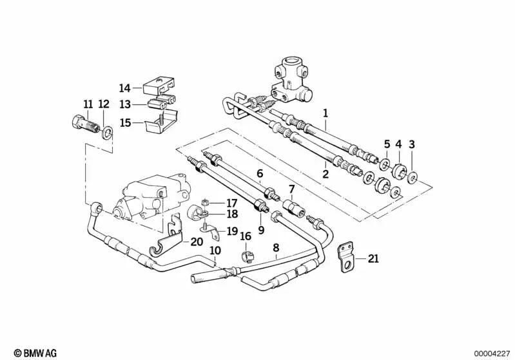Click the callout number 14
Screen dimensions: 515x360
125,88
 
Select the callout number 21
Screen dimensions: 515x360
373,259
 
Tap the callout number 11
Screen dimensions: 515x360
88,104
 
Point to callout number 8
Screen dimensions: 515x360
276,248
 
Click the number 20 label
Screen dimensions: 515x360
197,242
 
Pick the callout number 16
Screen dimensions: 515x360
246,236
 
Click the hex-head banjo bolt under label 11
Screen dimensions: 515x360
84,125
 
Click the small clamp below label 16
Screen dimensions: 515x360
247,256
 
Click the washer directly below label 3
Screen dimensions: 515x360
413,178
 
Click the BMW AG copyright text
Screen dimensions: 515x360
35,353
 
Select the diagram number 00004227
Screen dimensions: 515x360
492,354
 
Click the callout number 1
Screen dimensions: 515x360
325,113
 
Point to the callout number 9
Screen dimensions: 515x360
261,230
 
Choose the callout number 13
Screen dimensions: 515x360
125,104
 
